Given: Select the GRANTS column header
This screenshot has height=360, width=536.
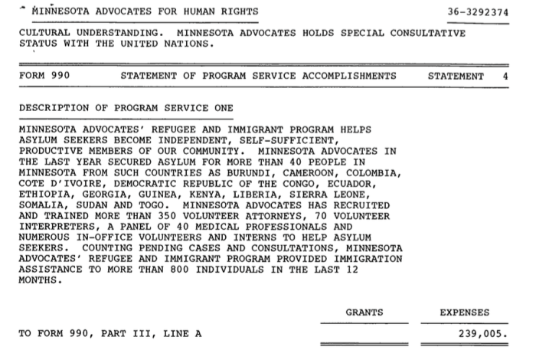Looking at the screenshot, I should coord(364,313).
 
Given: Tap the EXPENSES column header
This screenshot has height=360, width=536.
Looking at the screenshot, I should coord(465,313).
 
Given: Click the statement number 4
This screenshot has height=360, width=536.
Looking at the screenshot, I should coord(505,76).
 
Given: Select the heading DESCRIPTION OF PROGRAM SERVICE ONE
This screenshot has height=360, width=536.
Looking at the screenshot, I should coord(126,108).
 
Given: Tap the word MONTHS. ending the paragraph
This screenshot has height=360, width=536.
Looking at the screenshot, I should coord(38,280).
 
